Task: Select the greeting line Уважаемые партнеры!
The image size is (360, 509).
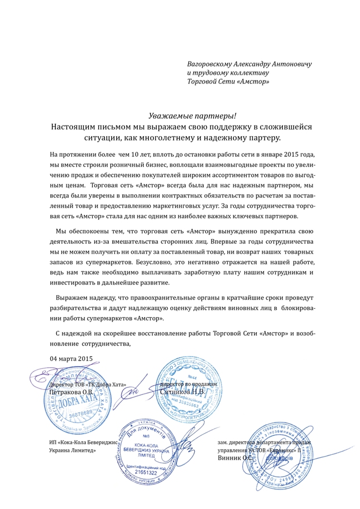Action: coord(192,116)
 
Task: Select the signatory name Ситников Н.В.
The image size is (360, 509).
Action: coord(183,392)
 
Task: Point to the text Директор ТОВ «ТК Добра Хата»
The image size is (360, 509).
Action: coord(88,385)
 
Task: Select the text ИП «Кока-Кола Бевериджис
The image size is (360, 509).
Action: coord(83,442)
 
